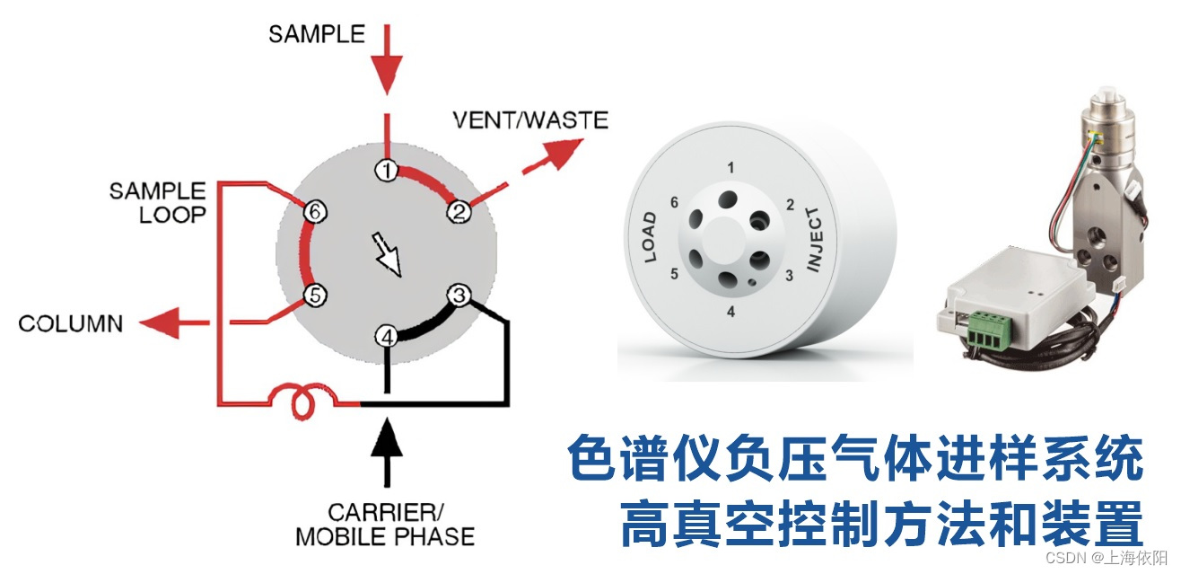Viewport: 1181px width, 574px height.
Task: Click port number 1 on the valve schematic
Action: point(386,171)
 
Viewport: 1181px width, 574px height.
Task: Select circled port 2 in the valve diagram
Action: point(459,212)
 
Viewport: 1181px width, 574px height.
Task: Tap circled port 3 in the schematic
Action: point(459,295)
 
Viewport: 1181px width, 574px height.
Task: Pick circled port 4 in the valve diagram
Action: point(386,337)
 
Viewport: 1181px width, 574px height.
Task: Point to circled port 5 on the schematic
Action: point(313,295)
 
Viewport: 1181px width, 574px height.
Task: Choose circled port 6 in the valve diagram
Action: point(313,212)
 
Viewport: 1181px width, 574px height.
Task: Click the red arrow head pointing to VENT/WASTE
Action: point(566,155)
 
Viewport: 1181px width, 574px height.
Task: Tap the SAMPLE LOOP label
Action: point(157,202)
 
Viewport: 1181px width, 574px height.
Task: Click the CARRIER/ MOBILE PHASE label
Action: point(385,525)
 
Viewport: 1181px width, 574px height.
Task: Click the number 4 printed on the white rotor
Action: point(731,313)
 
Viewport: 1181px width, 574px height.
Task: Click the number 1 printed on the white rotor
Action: point(731,168)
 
